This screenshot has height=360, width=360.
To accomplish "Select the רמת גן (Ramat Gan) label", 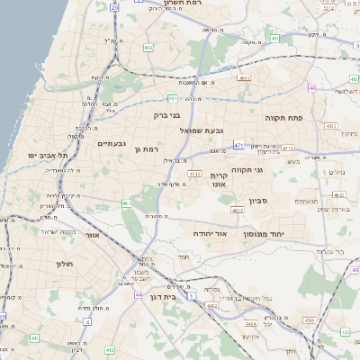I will (146, 148).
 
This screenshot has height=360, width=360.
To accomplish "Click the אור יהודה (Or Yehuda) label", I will (210, 233).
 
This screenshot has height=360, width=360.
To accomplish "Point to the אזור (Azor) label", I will (91, 234).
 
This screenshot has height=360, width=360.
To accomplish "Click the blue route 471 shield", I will (238, 144).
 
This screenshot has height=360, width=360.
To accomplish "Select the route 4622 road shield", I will (237, 210).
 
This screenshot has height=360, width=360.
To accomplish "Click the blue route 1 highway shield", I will (191, 294).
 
